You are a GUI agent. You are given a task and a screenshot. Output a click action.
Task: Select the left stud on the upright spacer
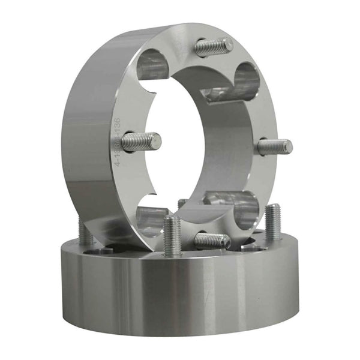tap(141, 142)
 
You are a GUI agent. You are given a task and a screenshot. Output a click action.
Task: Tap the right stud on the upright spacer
tap(275, 146)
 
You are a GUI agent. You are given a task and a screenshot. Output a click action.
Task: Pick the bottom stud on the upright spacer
tap(212, 241)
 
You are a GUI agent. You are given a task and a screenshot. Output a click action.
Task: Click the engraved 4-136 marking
tap(118, 143)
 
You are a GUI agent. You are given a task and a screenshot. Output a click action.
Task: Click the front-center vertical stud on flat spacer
tap(172, 235)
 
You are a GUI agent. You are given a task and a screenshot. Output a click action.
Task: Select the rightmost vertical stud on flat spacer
tap(273, 222)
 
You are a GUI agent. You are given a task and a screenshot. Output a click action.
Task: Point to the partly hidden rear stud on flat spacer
tap(182, 204)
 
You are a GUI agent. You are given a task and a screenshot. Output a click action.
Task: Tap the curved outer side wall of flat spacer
tap(180, 288)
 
